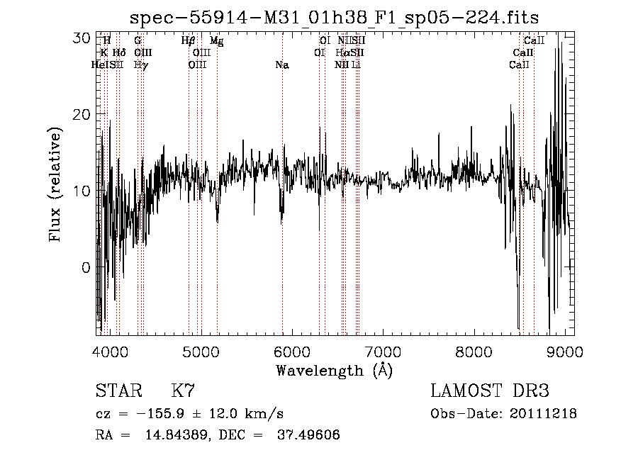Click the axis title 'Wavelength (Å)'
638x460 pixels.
click(334, 370)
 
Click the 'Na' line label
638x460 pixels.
click(282, 65)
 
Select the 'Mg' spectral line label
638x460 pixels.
click(217, 41)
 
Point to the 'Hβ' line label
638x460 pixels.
click(188, 41)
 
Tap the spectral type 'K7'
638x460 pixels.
click(183, 391)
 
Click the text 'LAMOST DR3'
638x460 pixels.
click(490, 391)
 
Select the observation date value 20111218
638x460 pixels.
click(544, 414)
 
